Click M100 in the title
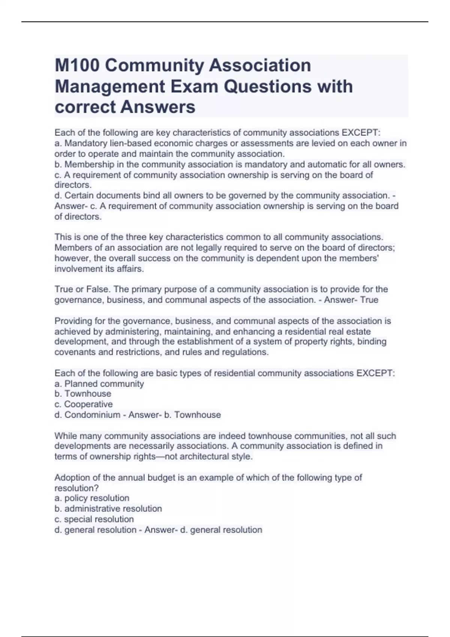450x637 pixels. point(77,66)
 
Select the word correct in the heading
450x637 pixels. point(85,107)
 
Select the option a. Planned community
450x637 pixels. point(99,384)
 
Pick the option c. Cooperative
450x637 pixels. point(84,404)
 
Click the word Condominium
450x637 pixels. point(92,415)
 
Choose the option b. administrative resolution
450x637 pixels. point(108,508)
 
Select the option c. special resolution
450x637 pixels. point(94,519)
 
